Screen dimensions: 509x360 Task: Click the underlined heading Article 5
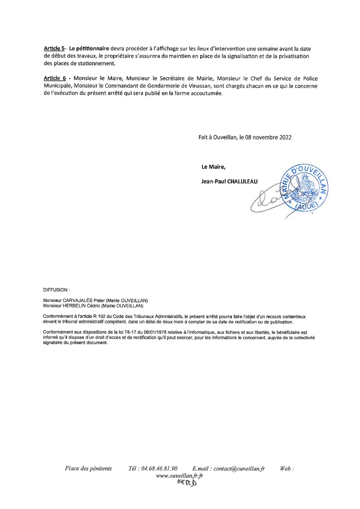pos(54,49)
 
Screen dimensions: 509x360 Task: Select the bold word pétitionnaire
pos(89,49)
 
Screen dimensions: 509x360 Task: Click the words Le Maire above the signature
pos(213,167)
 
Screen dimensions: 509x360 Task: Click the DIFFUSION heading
pos(56,289)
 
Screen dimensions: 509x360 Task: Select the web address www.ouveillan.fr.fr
pos(179,475)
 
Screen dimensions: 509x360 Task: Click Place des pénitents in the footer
pos(88,469)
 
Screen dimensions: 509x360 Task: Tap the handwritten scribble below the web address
pos(187,483)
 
